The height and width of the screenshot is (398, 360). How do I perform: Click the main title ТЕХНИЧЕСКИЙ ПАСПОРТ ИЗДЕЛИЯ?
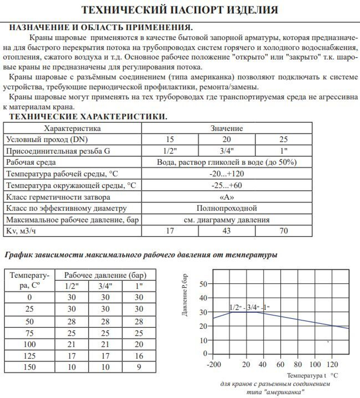coord(180,10)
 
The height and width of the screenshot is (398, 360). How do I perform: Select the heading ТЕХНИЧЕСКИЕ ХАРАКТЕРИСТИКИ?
coord(88,117)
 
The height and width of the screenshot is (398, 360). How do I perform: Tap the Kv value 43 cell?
coord(226,231)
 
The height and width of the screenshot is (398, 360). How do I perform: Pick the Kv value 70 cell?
coord(284,231)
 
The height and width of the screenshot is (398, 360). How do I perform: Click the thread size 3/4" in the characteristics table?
coord(226,151)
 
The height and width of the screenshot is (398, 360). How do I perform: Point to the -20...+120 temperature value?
coord(226,174)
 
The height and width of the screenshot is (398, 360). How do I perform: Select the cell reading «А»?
coord(226,197)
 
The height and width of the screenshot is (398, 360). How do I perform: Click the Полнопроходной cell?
coord(226,208)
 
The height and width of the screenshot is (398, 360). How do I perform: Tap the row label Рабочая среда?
coord(31,162)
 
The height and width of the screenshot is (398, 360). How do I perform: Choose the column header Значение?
coord(226,128)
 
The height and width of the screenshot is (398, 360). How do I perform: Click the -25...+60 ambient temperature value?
coord(226,185)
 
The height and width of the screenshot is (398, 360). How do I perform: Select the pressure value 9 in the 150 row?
coord(139,367)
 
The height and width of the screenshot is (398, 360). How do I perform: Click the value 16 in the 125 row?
coord(139,356)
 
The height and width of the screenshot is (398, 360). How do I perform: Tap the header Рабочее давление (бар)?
coord(105,275)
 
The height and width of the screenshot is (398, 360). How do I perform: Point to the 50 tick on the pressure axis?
coord(204,284)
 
